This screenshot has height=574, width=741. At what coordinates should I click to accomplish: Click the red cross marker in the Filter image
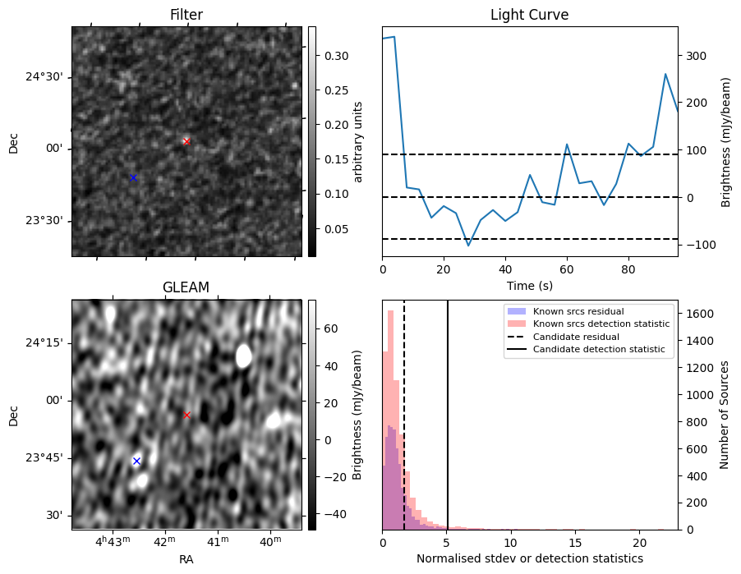click(186, 141)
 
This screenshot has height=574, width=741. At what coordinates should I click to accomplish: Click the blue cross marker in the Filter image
click(133, 177)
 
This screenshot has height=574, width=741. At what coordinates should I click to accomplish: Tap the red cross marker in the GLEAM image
click(186, 415)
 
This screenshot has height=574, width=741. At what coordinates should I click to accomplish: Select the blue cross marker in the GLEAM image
click(136, 461)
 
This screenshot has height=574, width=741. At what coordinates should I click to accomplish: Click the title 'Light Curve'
click(529, 15)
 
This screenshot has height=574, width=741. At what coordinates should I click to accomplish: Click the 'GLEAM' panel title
click(186, 287)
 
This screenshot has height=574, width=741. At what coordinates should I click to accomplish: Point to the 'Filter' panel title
click(186, 15)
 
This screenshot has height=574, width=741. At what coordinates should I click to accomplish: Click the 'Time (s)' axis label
click(529, 285)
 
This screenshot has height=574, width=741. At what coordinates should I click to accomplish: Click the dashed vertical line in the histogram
click(404, 427)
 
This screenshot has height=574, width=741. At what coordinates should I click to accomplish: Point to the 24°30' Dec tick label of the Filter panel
click(44, 77)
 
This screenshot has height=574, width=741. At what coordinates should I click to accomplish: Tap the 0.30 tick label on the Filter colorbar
click(334, 56)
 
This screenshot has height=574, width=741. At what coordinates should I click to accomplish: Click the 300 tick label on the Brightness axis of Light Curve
click(695, 56)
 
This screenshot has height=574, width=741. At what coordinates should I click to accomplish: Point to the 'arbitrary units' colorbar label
click(358, 141)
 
